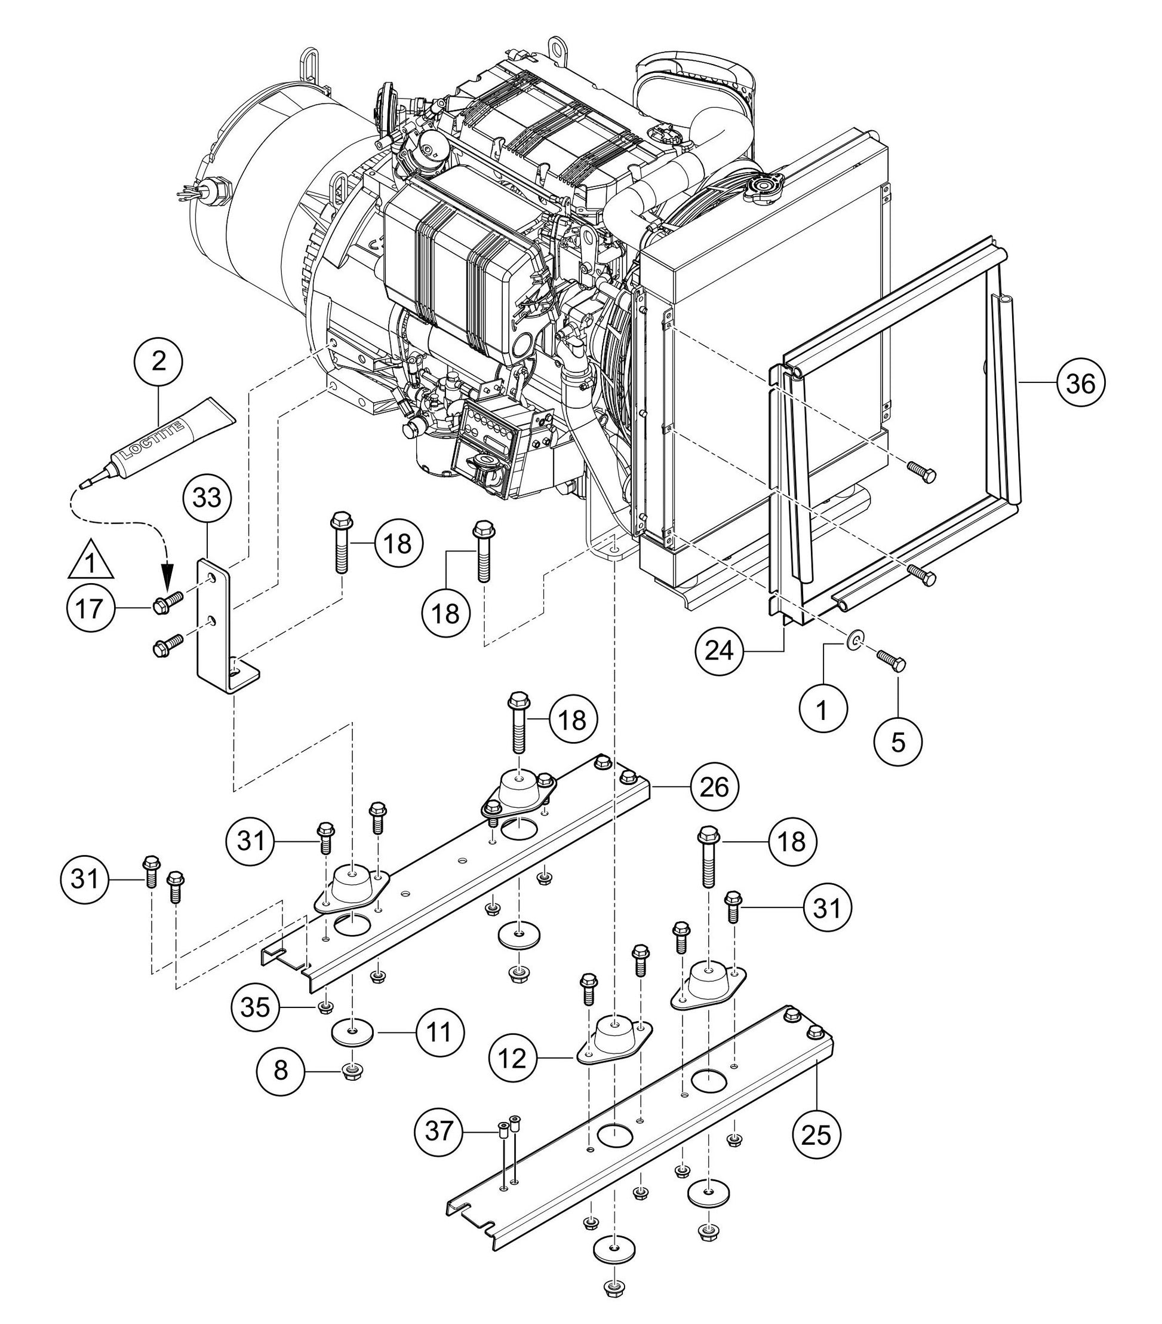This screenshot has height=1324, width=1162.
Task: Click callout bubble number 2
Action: click(159, 361)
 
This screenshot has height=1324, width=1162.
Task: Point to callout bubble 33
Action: click(207, 498)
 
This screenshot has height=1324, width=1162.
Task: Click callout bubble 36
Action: click(1080, 384)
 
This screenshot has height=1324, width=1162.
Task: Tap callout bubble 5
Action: click(899, 742)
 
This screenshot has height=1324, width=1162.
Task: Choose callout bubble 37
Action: click(439, 1132)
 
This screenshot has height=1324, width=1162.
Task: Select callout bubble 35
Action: click(255, 1007)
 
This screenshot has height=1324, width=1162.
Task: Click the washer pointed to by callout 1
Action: click(855, 641)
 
